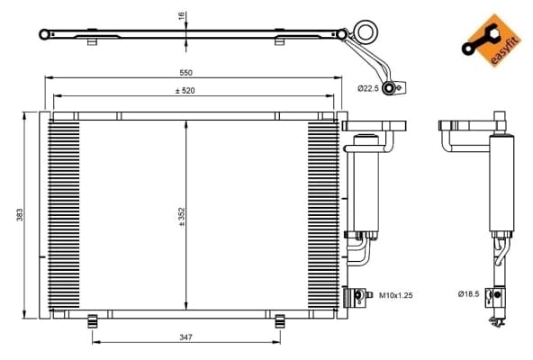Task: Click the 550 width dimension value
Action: (x=186, y=72)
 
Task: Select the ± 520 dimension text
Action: (x=185, y=91)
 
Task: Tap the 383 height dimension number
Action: (x=20, y=215)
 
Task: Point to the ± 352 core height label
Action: (x=182, y=217)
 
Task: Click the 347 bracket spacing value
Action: (x=186, y=337)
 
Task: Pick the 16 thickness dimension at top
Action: (x=182, y=15)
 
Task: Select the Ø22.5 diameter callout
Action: (x=368, y=89)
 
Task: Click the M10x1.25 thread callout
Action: (x=395, y=295)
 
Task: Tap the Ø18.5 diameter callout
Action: (x=468, y=293)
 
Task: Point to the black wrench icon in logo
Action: (x=479, y=40)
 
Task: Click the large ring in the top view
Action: (x=366, y=31)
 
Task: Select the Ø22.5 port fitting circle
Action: (x=389, y=88)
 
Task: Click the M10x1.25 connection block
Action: (x=355, y=297)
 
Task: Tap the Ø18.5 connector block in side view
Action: (x=495, y=298)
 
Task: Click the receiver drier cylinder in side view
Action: (x=501, y=184)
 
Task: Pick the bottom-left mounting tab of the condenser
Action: (x=93, y=321)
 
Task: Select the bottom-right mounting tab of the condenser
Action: (x=280, y=321)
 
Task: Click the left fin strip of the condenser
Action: (x=64, y=214)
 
